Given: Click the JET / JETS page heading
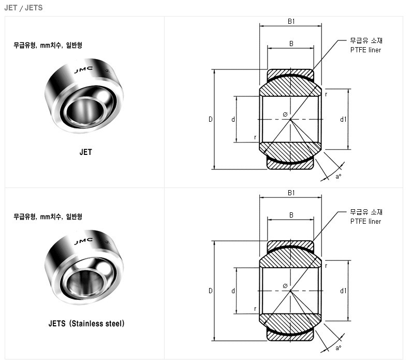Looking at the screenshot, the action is [23, 8].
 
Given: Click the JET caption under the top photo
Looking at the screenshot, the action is [85, 152].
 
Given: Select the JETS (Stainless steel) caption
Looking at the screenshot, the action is [86, 323].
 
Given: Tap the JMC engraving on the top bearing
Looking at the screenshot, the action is [83, 70].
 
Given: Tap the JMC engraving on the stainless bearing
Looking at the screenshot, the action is [83, 241].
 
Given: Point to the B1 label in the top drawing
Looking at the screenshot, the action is [291, 21].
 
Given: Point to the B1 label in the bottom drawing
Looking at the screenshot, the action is [291, 193].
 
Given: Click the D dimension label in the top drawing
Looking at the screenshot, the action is [211, 119].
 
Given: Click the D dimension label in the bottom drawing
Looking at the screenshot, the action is [211, 291].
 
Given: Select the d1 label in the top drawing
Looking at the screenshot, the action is [343, 119].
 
